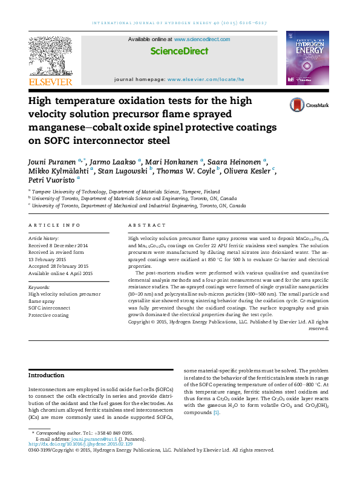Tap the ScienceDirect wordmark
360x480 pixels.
point(179,51)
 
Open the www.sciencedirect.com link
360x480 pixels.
point(202,39)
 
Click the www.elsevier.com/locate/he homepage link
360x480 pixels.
point(206,79)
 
